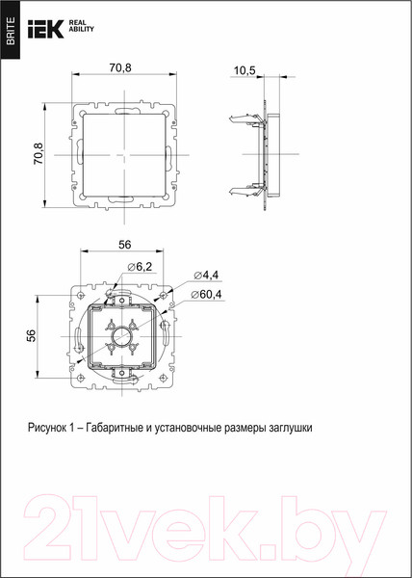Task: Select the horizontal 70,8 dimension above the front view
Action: pos(119,69)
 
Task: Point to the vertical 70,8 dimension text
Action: pos(39,154)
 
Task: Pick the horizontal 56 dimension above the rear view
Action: pos(124,246)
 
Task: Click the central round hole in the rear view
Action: pos(123,338)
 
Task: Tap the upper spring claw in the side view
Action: pos(241,121)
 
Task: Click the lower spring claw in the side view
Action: pos(241,186)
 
